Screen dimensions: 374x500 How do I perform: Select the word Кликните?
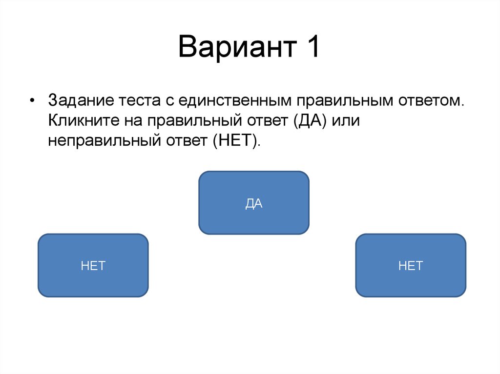[x=80, y=120]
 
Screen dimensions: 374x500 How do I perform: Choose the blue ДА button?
[x=253, y=203]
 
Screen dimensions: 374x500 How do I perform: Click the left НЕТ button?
[x=93, y=265]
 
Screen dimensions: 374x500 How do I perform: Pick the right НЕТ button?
[x=410, y=265]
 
